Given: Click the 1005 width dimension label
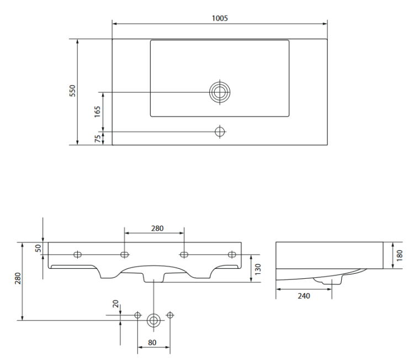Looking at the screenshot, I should [x=220, y=18].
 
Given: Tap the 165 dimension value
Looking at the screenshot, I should [x=98, y=112].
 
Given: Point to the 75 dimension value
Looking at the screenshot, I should [x=98, y=139].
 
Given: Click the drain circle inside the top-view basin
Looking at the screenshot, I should [x=220, y=92].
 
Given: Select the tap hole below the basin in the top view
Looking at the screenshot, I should [x=220, y=131].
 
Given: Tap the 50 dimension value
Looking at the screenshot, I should [x=39, y=248].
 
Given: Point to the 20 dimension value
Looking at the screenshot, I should [x=115, y=304].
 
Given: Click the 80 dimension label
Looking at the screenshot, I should [x=152, y=342].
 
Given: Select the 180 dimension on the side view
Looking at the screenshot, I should [x=400, y=255].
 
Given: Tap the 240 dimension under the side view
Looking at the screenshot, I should [x=304, y=295].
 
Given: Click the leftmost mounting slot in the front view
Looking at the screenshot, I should [x=78, y=255].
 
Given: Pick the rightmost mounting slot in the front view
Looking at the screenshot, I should [x=232, y=255].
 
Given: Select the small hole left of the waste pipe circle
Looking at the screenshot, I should [x=138, y=315].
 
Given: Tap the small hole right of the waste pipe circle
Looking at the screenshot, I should [x=169, y=315].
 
